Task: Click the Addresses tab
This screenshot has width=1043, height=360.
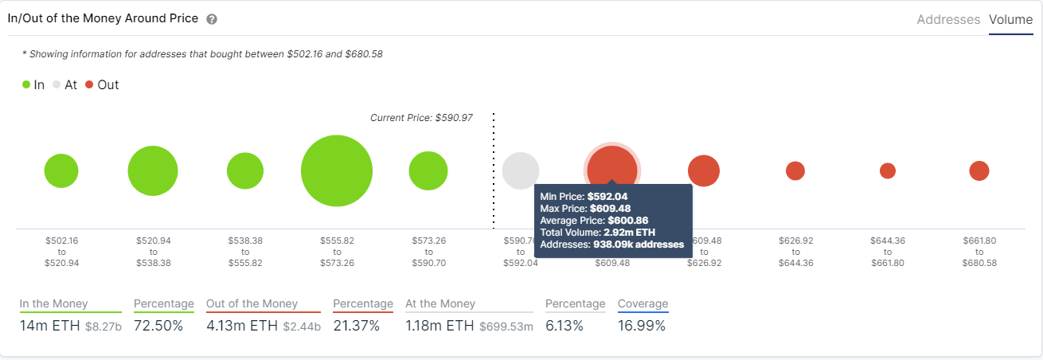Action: [948, 20]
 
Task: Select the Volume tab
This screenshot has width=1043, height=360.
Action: [1010, 20]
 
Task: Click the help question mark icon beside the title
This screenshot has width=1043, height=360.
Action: [212, 19]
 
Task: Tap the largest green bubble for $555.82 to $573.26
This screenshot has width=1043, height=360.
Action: [337, 171]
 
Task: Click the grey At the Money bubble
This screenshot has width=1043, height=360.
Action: [520, 170]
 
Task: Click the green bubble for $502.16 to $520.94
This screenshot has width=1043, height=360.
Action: [61, 171]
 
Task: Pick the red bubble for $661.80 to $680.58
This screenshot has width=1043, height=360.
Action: [979, 170]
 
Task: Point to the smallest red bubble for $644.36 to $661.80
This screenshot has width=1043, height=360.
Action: [887, 170]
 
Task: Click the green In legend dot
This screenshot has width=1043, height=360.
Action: [26, 84]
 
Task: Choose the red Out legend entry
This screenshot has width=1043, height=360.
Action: [101, 84]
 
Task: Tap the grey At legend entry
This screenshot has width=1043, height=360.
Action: [64, 84]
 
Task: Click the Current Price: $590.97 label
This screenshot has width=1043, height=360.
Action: [421, 118]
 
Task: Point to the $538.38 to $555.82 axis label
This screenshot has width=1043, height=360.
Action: [244, 251]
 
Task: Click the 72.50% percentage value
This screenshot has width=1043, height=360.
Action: [158, 326]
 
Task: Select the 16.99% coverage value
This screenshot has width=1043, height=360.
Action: [642, 326]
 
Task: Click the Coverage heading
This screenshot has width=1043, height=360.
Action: [643, 303]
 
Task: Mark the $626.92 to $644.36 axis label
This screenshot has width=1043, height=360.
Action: [795, 251]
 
